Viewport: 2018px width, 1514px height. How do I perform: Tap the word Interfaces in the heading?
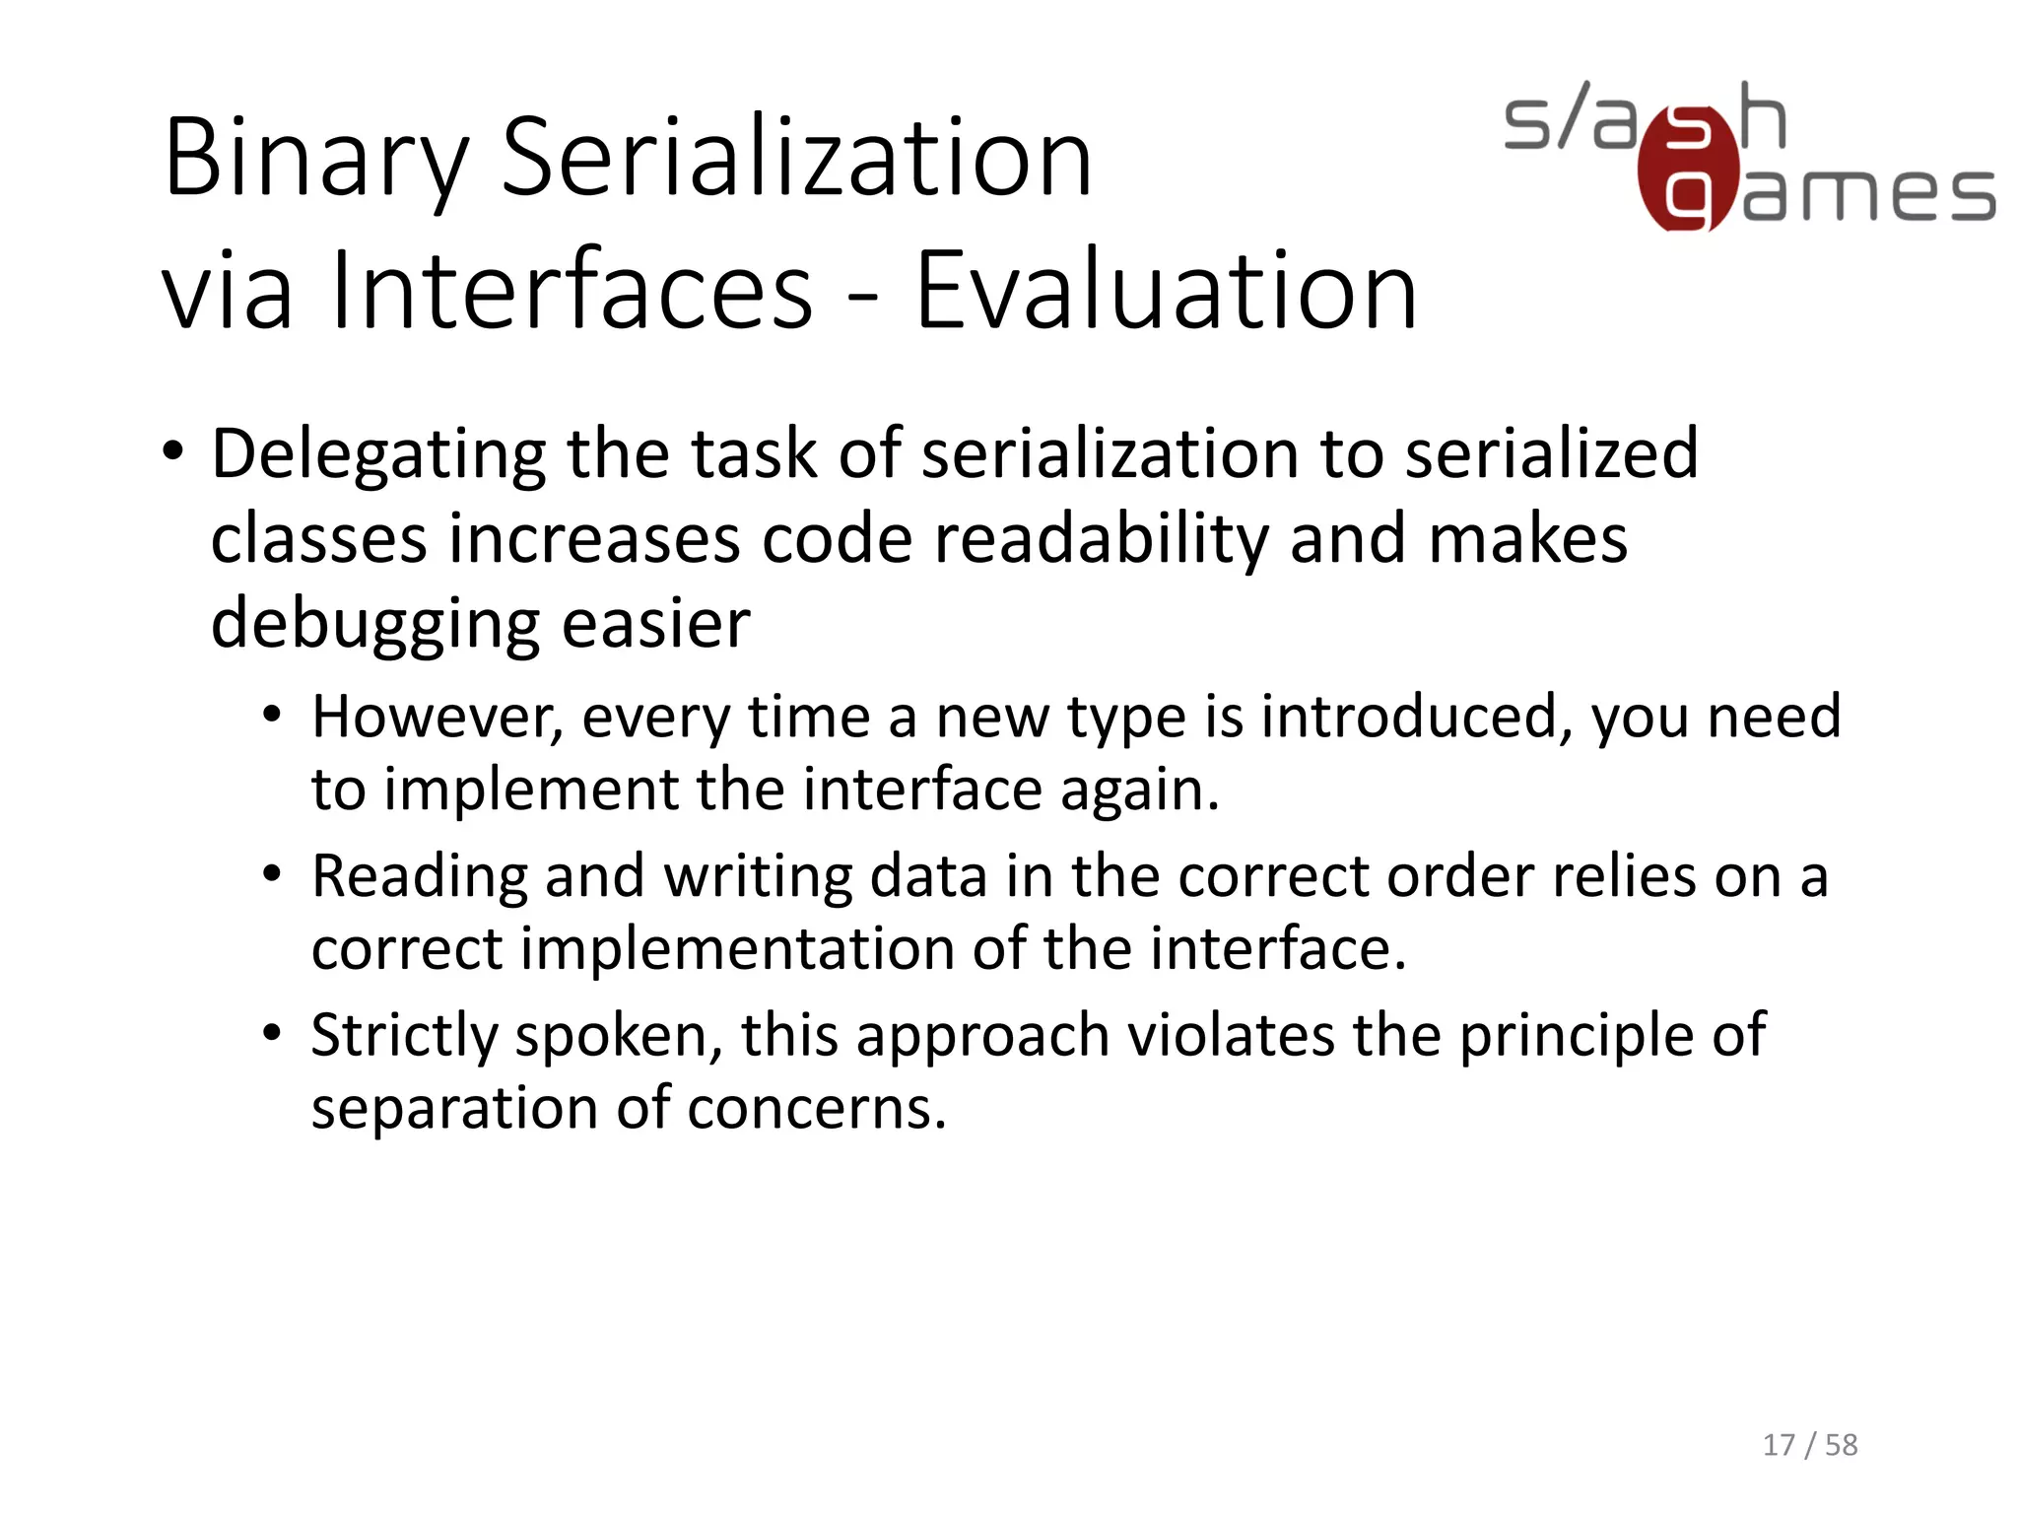pos(572,292)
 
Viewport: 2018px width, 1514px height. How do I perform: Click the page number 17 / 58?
pos(1809,1445)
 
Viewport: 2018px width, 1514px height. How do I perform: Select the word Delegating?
pos(378,454)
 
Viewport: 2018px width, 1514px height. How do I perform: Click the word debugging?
pos(375,625)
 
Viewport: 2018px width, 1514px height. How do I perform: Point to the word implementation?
pos(737,949)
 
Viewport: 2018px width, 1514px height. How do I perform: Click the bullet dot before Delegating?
pos(173,452)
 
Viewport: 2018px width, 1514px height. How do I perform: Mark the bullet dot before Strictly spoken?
pos(273,1033)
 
